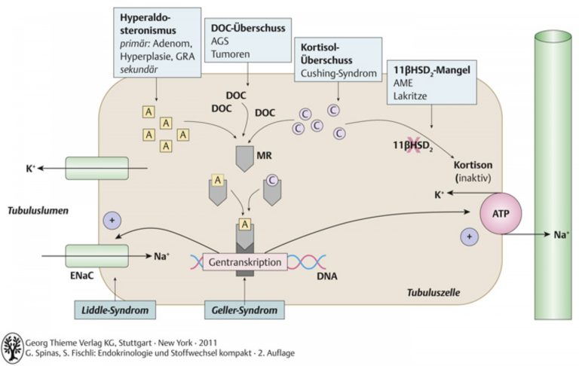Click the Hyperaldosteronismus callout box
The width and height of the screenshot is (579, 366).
158,42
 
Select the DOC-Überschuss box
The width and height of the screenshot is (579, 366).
247,41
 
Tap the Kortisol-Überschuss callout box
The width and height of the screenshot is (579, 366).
338,59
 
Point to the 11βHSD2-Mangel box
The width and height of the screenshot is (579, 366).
432,82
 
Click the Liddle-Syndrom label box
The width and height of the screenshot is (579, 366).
115,310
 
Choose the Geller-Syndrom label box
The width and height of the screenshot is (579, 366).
244,310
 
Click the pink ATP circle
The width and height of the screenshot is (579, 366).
501,214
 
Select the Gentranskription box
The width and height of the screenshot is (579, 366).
245,262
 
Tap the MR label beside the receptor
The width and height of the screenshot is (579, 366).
264,155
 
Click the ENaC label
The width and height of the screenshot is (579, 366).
81,276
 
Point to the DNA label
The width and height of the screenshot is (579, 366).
326,276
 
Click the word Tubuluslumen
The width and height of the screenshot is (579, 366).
38,211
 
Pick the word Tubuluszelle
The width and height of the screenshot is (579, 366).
433,293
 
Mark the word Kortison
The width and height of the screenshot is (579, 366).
473,165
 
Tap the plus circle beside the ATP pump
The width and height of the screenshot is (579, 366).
470,236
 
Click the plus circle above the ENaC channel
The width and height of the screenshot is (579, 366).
112,221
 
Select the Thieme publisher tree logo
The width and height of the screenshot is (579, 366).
12,348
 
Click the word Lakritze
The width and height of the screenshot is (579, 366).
410,96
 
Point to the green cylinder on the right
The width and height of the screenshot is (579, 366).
553,175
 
